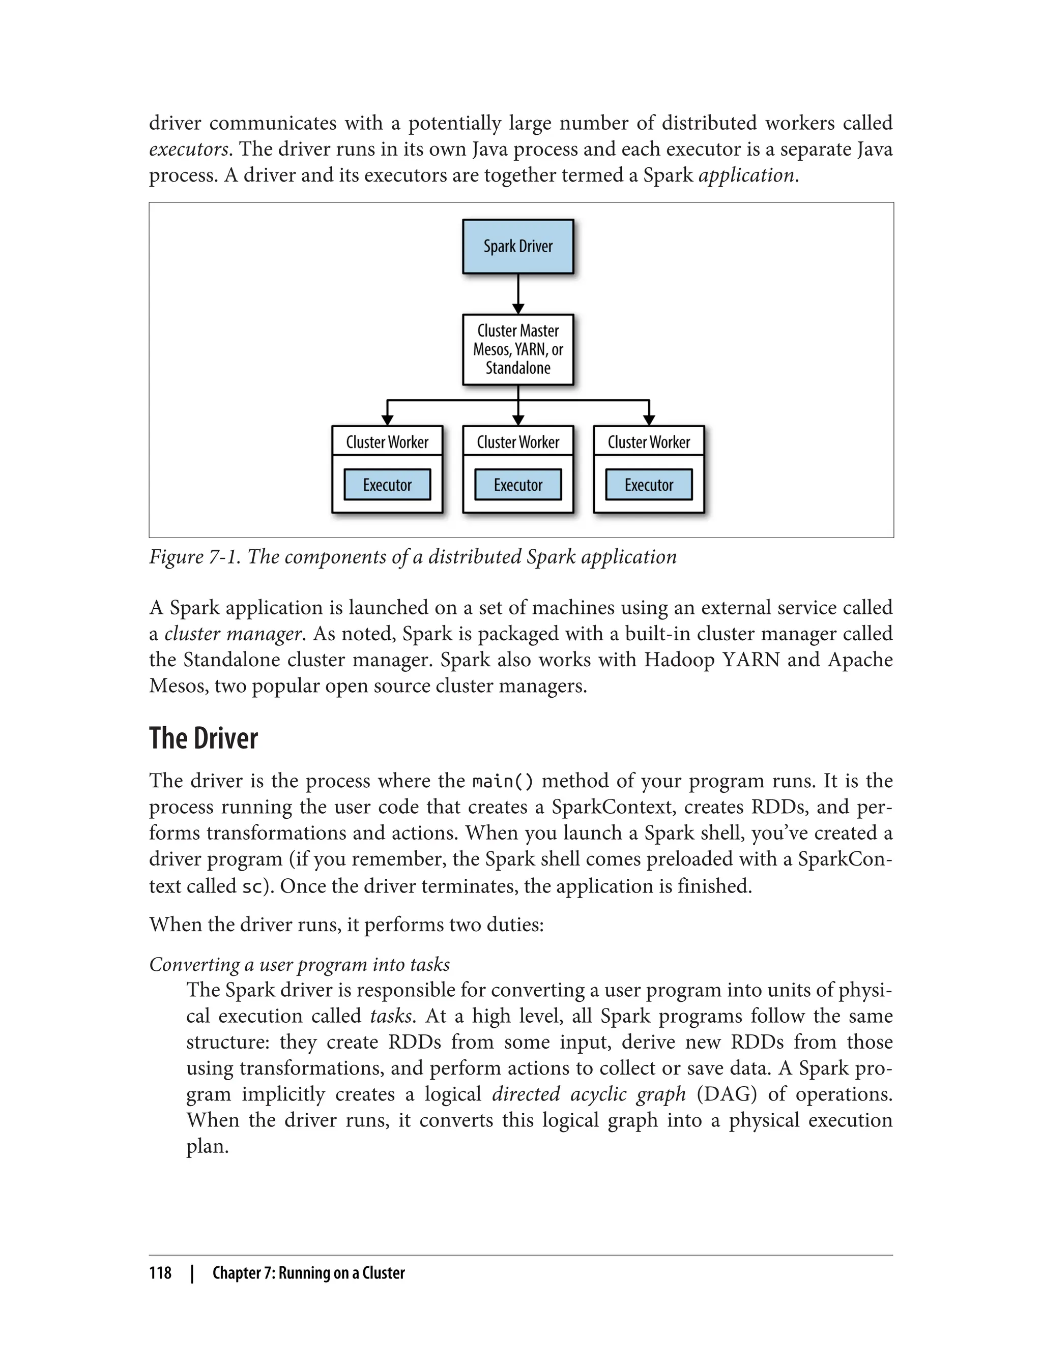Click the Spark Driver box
518,246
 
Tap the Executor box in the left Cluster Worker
387,485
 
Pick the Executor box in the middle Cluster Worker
518,485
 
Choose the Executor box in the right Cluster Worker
649,485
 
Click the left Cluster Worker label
387,442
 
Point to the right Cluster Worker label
649,442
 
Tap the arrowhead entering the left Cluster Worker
388,420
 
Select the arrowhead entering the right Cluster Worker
649,420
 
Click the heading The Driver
204,738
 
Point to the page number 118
160,1273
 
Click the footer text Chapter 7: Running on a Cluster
308,1273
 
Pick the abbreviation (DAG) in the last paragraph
727,1093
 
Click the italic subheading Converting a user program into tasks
300,965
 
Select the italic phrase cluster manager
233,634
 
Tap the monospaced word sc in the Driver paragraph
252,886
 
